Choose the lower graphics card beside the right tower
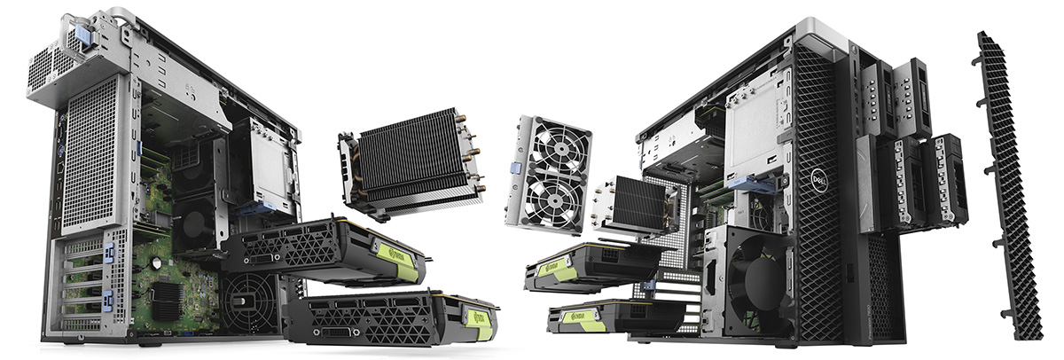point(612,315)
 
